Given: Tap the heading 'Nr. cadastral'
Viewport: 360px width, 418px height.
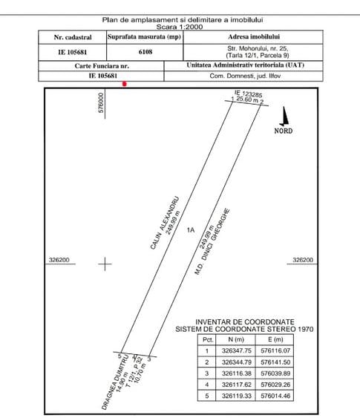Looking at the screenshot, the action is (71, 36).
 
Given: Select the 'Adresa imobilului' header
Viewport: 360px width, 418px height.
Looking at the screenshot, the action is (252, 36).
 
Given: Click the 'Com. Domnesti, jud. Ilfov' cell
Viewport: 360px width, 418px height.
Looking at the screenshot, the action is (252, 75).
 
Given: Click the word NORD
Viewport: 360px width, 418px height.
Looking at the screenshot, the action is (284, 131).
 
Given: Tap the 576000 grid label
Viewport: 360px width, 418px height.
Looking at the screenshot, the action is (100, 102).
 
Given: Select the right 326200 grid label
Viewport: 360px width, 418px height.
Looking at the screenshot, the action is (304, 260).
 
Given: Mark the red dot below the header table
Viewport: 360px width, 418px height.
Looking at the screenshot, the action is (124, 84).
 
